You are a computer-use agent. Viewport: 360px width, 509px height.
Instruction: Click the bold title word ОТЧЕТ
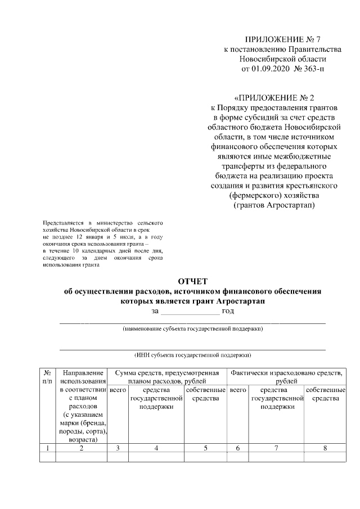(193, 281)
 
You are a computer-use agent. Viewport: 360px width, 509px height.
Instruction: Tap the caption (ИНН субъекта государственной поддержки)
(193, 355)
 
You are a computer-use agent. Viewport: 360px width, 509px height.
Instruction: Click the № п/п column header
(48, 377)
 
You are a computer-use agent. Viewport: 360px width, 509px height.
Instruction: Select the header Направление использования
(83, 377)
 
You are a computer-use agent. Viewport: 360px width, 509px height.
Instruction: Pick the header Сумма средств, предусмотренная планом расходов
(166, 377)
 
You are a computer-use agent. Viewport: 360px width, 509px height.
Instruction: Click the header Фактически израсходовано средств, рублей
(286, 377)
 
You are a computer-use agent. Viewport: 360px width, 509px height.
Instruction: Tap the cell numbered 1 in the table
(48, 448)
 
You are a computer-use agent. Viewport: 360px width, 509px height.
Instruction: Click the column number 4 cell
(156, 448)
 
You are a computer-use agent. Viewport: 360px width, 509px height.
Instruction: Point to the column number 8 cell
(325, 448)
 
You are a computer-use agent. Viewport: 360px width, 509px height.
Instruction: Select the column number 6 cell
(238, 448)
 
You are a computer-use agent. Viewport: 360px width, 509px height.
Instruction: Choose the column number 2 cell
(82, 448)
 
